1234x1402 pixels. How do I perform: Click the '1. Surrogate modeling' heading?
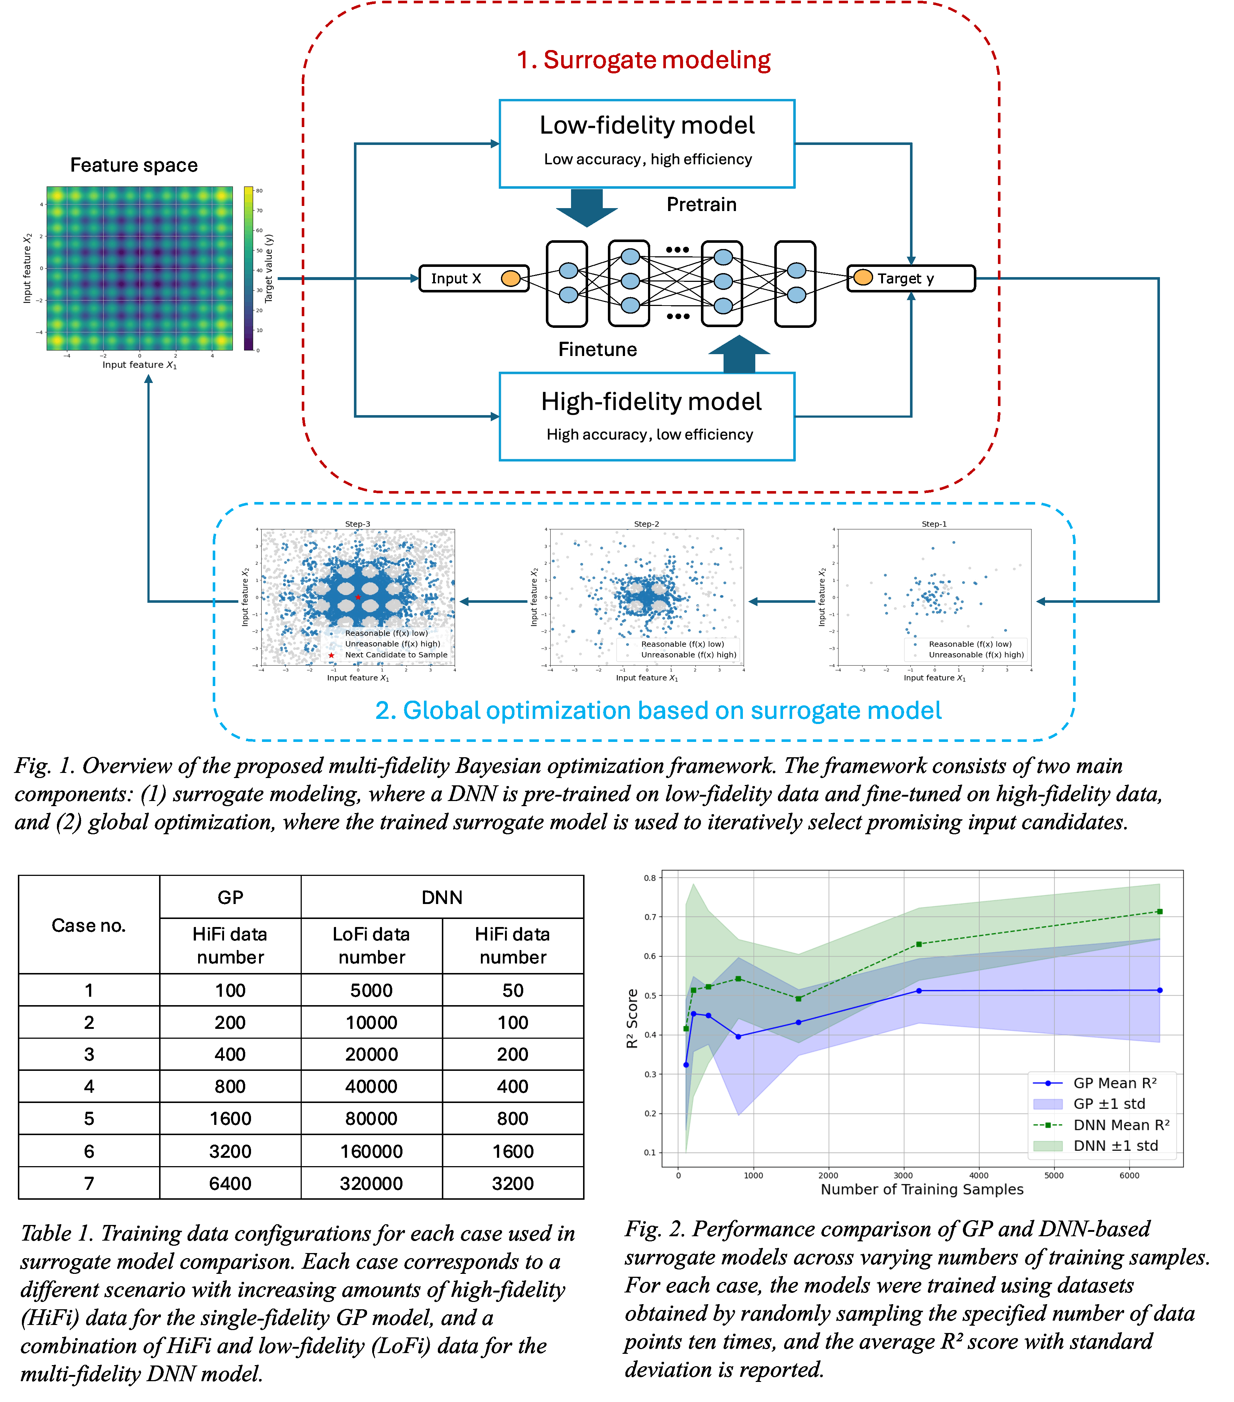pyautogui.click(x=643, y=60)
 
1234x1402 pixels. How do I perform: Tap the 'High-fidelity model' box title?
pyautogui.click(x=651, y=402)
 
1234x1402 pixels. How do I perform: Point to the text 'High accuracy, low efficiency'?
pyautogui.click(x=649, y=435)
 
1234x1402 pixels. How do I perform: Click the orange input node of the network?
pyautogui.click(x=511, y=279)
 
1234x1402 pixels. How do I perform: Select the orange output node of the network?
pyautogui.click(x=863, y=277)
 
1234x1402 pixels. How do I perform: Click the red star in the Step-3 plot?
pyautogui.click(x=358, y=597)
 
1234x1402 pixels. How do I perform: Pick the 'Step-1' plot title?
pyautogui.click(x=934, y=524)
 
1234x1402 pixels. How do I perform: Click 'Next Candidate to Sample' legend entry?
pyautogui.click(x=396, y=655)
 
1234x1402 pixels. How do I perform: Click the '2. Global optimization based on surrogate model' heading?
pyautogui.click(x=658, y=710)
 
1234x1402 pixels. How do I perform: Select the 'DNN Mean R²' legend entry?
pyautogui.click(x=1121, y=1125)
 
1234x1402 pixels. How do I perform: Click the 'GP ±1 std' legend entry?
pyautogui.click(x=1108, y=1104)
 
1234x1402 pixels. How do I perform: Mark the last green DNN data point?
pyautogui.click(x=1159, y=912)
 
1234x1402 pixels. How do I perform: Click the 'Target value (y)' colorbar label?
pyautogui.click(x=269, y=268)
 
